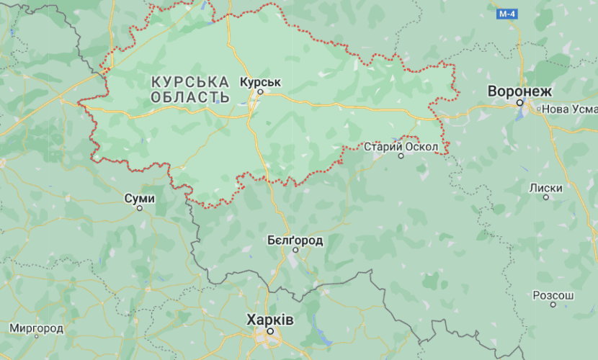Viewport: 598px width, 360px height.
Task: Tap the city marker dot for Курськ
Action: (262, 91)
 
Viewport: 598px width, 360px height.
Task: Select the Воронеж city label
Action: (519, 91)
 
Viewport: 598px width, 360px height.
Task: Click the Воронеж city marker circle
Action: (519, 104)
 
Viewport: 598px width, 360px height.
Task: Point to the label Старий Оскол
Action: (401, 146)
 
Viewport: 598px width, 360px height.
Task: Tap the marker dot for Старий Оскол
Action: (401, 156)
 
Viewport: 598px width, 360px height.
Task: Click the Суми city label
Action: (139, 197)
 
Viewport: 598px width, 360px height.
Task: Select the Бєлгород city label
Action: (295, 240)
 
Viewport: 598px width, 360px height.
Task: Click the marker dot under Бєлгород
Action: (295, 250)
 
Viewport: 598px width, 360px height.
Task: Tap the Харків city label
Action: (270, 319)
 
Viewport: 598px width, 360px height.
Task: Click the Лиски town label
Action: (545, 187)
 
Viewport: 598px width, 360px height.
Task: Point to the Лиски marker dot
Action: (545, 197)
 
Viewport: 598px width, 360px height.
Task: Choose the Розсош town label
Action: (553, 295)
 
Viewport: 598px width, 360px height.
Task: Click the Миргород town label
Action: (37, 328)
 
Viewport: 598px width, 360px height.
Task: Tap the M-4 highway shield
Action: (507, 14)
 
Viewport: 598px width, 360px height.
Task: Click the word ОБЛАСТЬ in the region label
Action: (191, 97)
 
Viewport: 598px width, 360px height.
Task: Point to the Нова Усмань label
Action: (569, 109)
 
